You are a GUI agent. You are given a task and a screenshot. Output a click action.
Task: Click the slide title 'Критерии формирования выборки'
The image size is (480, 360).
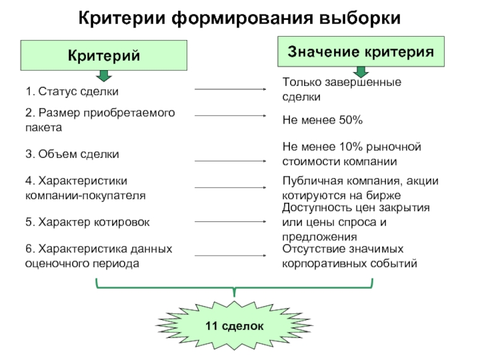coord(240,17)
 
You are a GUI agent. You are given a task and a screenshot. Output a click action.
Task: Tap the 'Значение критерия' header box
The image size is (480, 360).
coord(361,50)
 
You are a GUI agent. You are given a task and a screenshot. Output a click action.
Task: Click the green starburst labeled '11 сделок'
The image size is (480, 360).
coord(234,326)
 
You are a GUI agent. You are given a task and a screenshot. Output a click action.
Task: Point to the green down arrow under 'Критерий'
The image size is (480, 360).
coord(104,75)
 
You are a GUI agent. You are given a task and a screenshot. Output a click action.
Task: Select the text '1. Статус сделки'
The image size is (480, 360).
coord(72,92)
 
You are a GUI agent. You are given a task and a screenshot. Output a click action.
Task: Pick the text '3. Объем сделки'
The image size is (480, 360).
coord(72,154)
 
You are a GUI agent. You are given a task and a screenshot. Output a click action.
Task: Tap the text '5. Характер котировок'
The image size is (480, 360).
coord(88,222)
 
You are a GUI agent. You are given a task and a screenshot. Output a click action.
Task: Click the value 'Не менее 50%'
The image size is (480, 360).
coord(323,121)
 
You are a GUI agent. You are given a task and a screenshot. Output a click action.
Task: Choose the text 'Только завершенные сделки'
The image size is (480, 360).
coord(342,89)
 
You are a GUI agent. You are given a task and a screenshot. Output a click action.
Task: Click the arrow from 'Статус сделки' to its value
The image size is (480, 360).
coord(232,90)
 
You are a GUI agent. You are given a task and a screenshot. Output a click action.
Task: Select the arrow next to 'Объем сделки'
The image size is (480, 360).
coord(232,161)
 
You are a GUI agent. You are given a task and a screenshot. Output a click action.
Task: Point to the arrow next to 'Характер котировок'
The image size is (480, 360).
coord(232,222)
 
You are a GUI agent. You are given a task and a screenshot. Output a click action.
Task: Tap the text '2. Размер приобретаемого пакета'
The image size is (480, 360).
coord(100,120)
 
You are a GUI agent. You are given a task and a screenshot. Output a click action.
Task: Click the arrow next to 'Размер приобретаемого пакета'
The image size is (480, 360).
coord(232,116)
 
